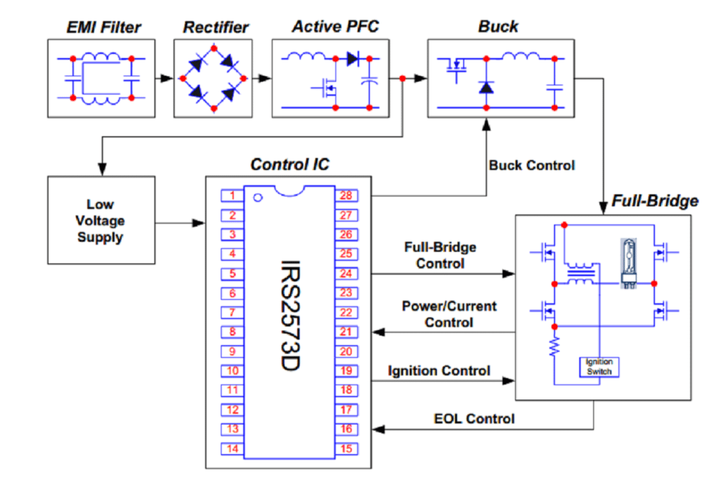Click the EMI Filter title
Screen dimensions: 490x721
104,28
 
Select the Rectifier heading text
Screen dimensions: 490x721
216,28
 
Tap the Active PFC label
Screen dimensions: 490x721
335,27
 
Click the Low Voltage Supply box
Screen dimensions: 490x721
101,221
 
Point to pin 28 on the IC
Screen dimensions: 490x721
346,196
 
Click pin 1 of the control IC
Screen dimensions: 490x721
232,196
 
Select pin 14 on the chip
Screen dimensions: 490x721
232,449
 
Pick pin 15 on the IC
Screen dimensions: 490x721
346,449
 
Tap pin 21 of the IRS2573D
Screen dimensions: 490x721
346,332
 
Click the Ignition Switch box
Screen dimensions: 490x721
599,367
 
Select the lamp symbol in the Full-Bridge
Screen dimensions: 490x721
629,265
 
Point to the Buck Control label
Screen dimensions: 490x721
532,165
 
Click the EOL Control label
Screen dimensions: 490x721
473,419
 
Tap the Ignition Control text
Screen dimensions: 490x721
439,371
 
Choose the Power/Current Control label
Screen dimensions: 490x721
449,315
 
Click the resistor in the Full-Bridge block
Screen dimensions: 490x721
554,348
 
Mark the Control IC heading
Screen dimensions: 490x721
290,165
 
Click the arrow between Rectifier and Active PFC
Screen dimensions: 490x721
263,78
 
